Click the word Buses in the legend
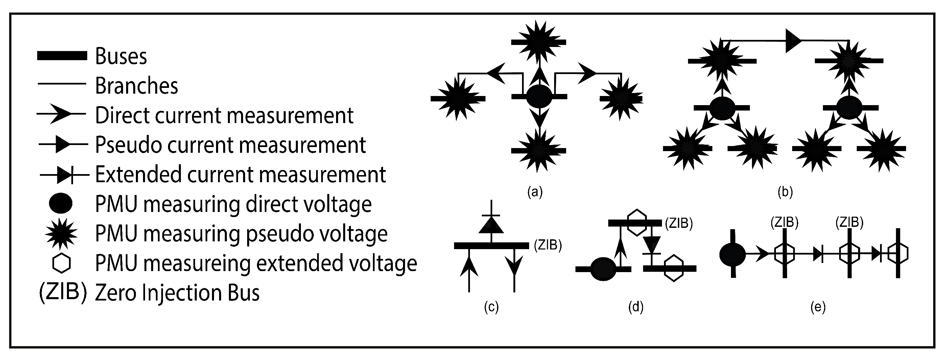[x=121, y=56]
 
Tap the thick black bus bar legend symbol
[x=62, y=55]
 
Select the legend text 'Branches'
[x=136, y=86]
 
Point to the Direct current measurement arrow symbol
[x=61, y=114]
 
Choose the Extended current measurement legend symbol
[x=64, y=175]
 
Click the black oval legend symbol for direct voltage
[x=60, y=203]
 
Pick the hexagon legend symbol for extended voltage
[x=62, y=263]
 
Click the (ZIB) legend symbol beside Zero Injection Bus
[x=63, y=292]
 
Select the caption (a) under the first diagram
[x=535, y=192]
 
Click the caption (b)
[x=785, y=192]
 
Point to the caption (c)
[x=491, y=307]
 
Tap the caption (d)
[x=636, y=307]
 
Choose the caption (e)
[x=818, y=307]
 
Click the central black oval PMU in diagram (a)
[x=539, y=97]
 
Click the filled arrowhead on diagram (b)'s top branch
[x=793, y=41]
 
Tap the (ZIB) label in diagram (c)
[x=548, y=245]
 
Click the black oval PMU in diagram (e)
[x=732, y=254]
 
